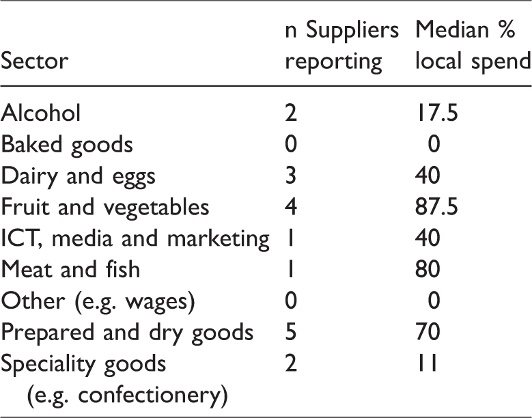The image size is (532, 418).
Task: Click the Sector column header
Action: tap(34, 61)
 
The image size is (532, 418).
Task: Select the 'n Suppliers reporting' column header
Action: tap(341, 46)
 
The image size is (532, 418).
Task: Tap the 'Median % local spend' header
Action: tap(473, 46)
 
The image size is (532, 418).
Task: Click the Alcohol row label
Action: tap(41, 113)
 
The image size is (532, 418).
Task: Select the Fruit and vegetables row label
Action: tap(105, 207)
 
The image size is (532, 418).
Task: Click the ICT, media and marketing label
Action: tap(135, 239)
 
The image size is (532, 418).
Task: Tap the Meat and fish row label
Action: tap(70, 269)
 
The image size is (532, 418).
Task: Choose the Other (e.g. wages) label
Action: tap(98, 302)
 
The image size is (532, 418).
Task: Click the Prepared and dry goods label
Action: tap(127, 333)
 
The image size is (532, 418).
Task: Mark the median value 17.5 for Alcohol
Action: tap(436, 113)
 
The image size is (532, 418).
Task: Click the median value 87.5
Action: tap(436, 207)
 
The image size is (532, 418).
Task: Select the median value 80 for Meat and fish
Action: tap(428, 269)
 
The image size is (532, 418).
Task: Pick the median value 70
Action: tap(428, 332)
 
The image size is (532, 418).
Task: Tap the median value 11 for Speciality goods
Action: tap(427, 363)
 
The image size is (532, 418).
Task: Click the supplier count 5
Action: tap(291, 332)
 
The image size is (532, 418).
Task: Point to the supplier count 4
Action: tap(291, 207)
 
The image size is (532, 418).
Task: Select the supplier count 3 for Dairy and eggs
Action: tap(291, 176)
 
